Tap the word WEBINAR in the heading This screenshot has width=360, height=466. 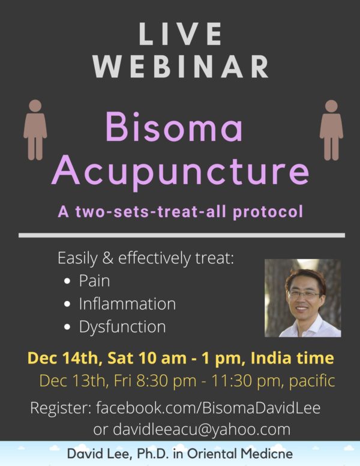tap(181, 67)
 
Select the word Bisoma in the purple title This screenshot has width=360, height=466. tap(174, 127)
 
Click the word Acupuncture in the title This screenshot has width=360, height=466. tap(181, 172)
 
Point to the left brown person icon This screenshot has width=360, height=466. tap(35, 130)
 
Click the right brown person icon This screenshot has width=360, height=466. tap(331, 130)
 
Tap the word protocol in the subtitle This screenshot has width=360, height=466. tap(268, 212)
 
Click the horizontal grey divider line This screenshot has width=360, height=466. tap(182, 235)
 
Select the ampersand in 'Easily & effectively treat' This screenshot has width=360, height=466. tap(108, 258)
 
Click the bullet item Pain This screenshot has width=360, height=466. tap(94, 281)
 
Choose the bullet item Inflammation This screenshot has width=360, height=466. tap(127, 303)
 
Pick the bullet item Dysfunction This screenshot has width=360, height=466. tap(122, 327)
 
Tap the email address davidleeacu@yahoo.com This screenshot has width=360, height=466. tap(202, 430)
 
